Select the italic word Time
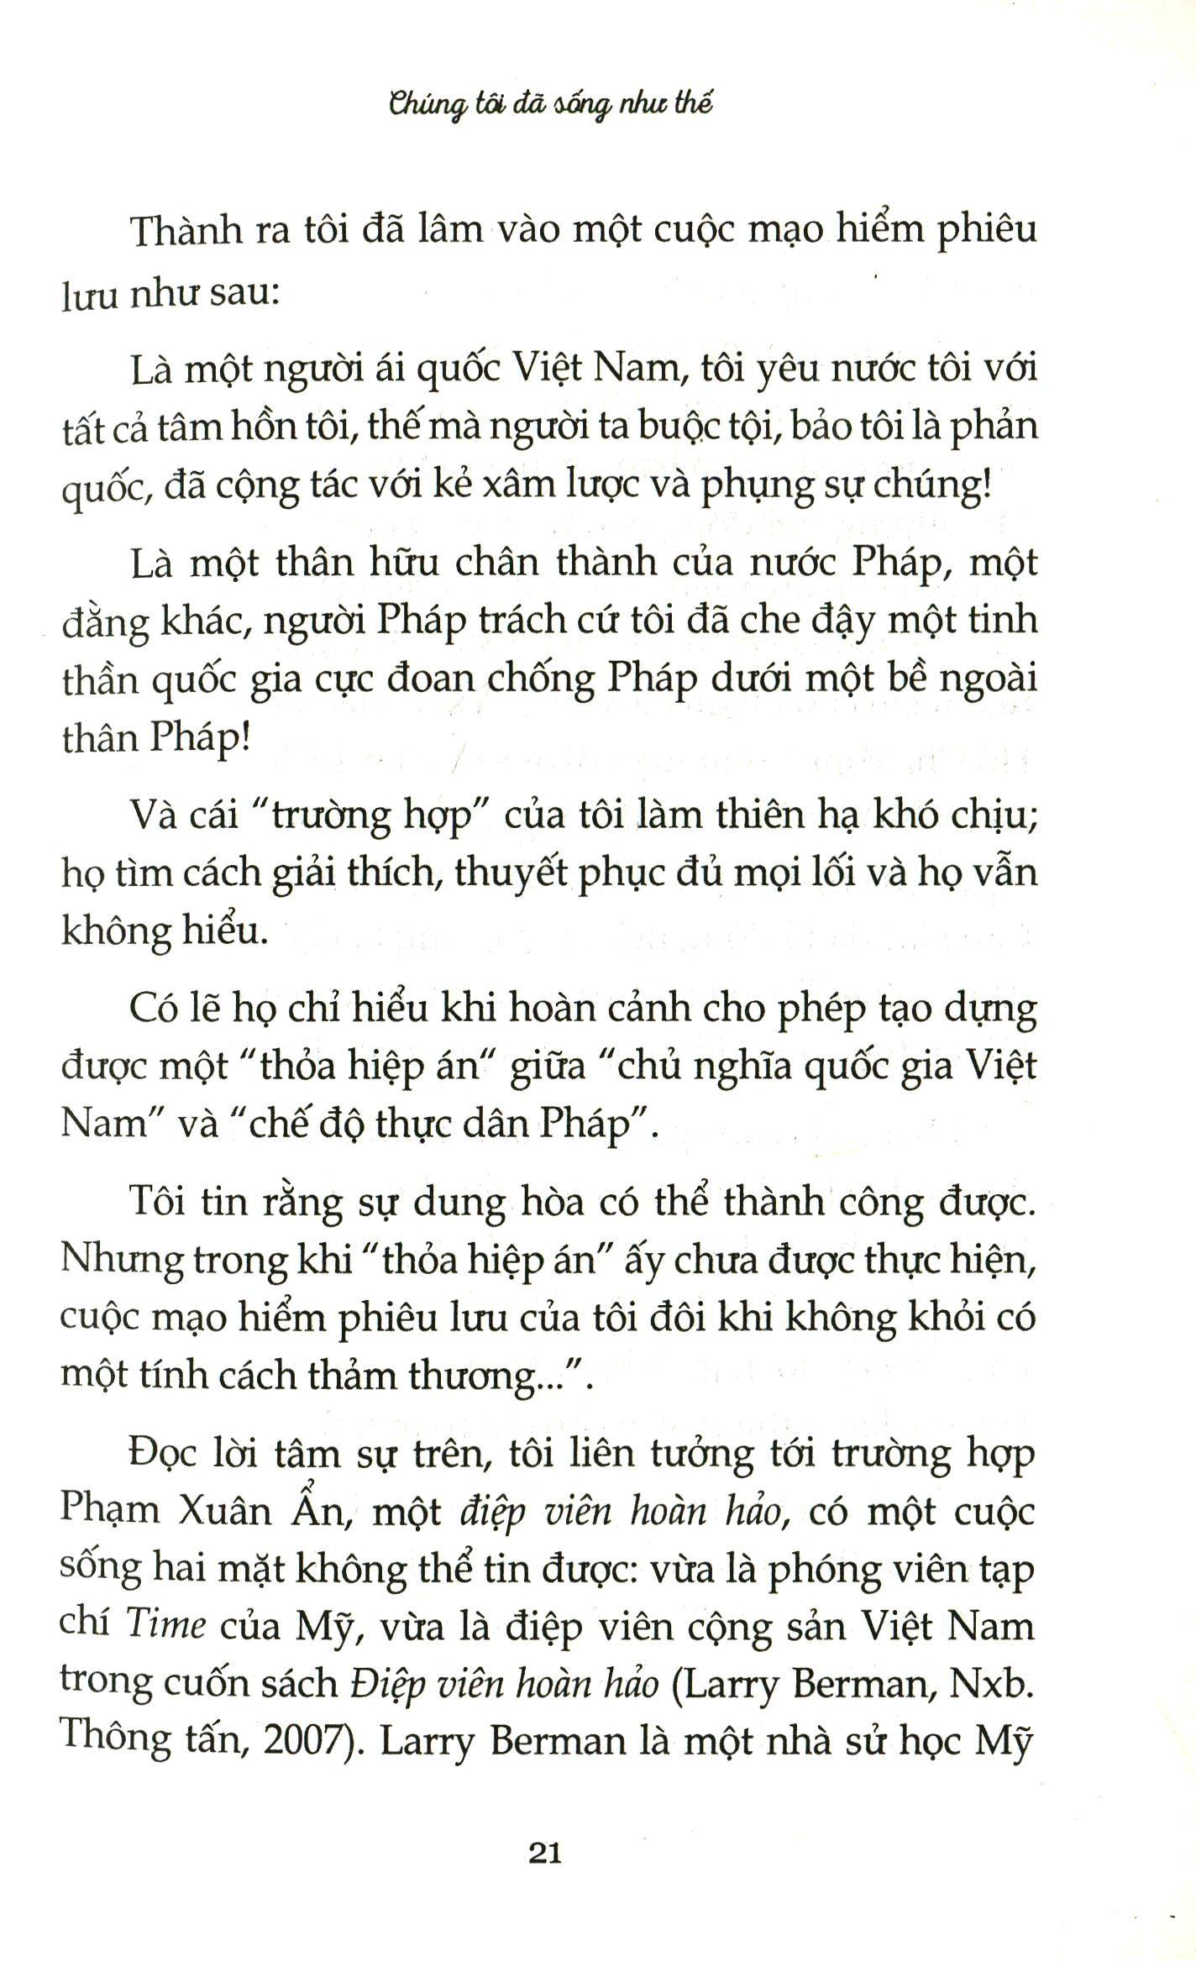point(165,1626)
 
